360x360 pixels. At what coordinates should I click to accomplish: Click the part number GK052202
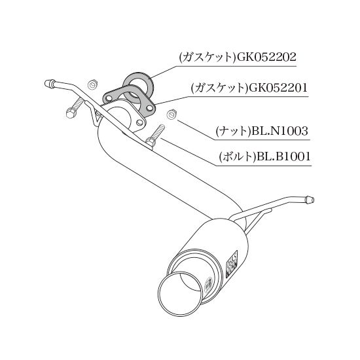[266, 57]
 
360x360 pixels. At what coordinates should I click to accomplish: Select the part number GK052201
[278, 88]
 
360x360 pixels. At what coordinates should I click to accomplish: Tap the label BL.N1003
[279, 132]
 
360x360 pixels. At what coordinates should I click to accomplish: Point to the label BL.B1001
[283, 156]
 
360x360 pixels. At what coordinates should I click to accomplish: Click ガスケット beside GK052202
[207, 57]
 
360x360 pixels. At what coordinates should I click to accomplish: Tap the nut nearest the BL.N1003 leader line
[171, 114]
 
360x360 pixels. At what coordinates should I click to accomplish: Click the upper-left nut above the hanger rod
[93, 85]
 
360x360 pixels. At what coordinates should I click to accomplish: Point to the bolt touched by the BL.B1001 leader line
[155, 136]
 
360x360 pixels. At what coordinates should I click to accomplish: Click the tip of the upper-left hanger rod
[46, 82]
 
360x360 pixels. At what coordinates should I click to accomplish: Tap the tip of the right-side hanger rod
[313, 200]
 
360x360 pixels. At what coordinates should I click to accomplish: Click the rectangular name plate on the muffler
[232, 264]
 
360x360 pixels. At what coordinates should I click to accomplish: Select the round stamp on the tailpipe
[208, 284]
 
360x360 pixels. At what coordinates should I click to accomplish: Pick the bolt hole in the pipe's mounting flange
[139, 122]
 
